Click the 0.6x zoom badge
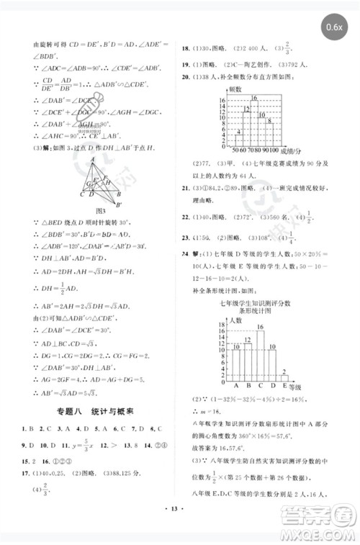pos(333,27)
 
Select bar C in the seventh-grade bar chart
pos(259,353)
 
